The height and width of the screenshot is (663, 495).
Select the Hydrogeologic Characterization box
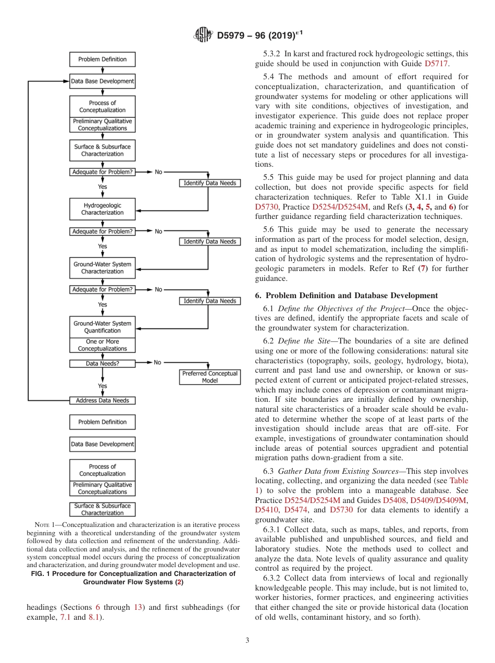coord(102,209)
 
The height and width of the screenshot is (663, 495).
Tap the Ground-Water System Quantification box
coord(102,327)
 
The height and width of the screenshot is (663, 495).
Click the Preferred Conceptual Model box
coord(209,377)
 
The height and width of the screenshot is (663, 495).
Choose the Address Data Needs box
coord(102,400)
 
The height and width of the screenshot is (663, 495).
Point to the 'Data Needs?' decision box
coord(102,363)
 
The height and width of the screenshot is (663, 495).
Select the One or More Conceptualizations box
coord(102,345)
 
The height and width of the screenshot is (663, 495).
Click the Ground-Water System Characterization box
coord(102,268)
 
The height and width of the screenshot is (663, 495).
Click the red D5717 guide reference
coord(436,64)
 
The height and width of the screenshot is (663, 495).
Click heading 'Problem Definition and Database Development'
coord(352,296)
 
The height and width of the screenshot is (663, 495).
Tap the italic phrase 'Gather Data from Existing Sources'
coord(337,471)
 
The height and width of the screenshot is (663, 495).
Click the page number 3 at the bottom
coord(247,641)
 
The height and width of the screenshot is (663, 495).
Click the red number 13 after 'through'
coord(138,608)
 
